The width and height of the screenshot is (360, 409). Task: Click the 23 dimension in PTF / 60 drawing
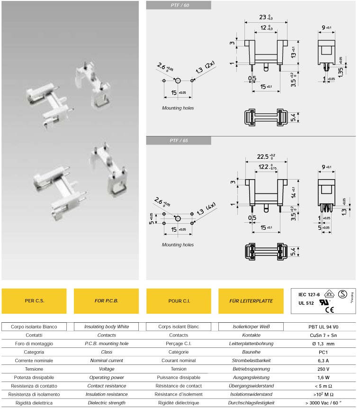coord(263,17)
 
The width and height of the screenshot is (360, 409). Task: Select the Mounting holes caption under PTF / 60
coord(178,108)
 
